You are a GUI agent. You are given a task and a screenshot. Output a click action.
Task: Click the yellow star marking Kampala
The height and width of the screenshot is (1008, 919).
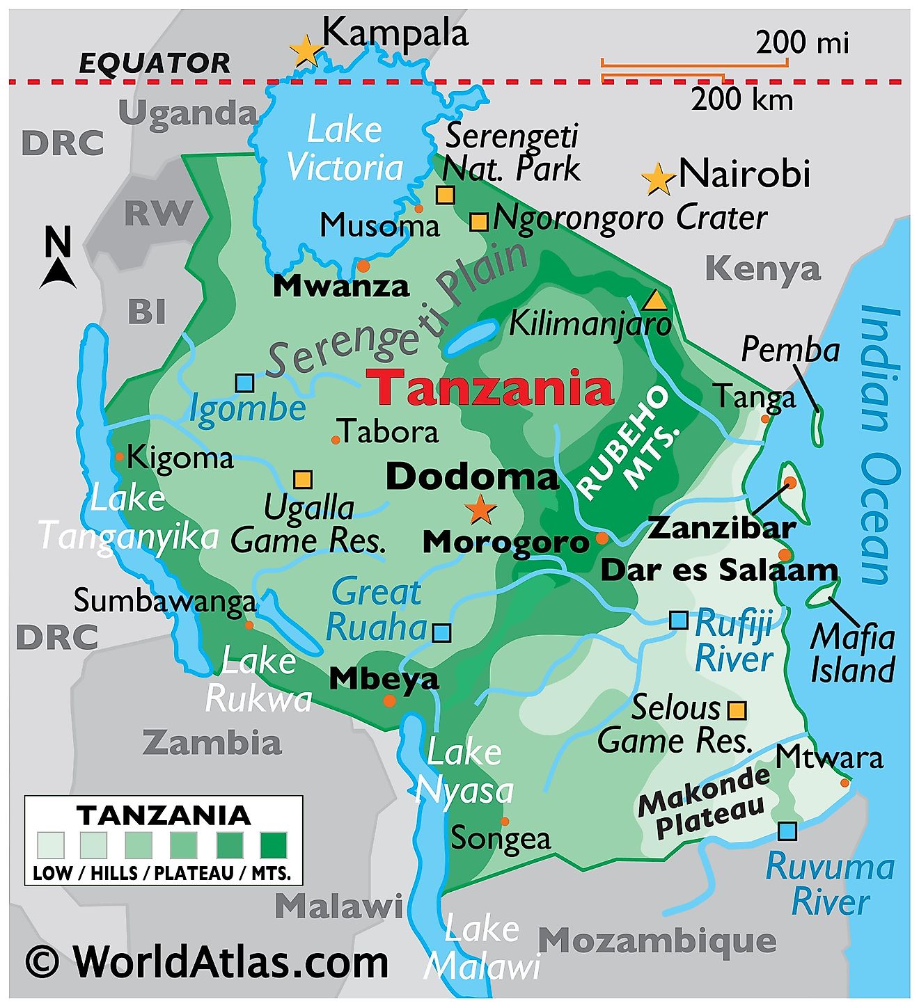point(305,50)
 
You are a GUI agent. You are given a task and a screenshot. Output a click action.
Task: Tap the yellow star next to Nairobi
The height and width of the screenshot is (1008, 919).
point(657,179)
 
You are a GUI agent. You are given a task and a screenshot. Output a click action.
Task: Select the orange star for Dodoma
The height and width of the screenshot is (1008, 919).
point(480,510)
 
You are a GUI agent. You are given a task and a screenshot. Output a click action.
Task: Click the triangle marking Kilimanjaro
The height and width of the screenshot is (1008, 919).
point(654,301)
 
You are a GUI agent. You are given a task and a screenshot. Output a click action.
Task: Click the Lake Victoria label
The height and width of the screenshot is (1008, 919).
point(345,149)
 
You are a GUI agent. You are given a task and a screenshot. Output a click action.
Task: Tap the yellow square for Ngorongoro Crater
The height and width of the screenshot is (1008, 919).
point(478,222)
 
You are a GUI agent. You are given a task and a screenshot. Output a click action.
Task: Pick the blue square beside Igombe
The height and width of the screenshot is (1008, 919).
point(244,383)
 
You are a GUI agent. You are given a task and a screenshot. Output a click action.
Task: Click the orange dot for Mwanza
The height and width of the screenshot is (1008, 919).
point(363,266)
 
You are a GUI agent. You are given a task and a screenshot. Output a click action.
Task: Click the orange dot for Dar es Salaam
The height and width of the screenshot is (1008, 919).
point(785,554)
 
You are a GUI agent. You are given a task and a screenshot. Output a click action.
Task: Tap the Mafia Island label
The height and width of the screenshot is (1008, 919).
point(852,653)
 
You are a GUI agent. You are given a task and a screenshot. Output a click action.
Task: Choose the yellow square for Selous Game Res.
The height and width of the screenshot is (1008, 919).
point(737,710)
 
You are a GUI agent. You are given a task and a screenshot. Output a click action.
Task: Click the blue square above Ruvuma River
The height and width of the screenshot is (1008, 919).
point(787,831)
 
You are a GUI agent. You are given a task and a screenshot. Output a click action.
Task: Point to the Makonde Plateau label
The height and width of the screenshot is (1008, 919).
point(704,803)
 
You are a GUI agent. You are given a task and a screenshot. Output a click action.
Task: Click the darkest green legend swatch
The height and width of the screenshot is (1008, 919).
point(274,845)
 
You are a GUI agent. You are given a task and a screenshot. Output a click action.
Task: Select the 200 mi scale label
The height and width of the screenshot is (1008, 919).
point(803,43)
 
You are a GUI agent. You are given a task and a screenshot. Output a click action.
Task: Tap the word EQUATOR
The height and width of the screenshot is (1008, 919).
point(155,63)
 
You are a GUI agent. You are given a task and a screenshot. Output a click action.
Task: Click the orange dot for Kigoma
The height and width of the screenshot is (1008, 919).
point(120,456)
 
